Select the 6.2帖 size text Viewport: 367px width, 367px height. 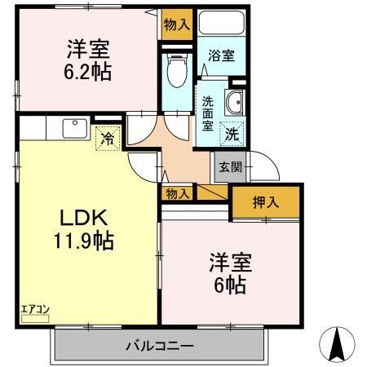[x=89, y=72]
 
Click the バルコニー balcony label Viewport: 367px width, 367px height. [x=160, y=345]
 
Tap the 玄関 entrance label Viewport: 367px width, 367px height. [x=228, y=167]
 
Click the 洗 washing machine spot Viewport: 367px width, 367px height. [x=232, y=130]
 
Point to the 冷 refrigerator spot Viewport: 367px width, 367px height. [x=107, y=139]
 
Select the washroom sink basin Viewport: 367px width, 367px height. [x=235, y=102]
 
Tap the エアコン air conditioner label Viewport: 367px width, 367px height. [x=35, y=308]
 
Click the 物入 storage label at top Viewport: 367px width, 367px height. [x=176, y=24]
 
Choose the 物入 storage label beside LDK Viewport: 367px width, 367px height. [x=177, y=193]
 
